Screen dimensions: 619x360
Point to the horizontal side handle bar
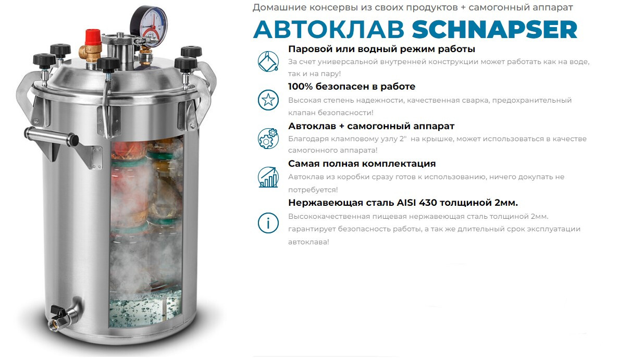[51, 135]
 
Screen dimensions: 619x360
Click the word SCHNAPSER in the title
[494, 30]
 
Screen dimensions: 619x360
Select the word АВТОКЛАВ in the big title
[329, 30]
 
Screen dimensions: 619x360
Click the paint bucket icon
[268, 61]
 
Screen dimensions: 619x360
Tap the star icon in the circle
[268, 100]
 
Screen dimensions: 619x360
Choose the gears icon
[268, 138]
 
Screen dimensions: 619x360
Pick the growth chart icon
[268, 177]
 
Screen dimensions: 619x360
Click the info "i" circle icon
[268, 223]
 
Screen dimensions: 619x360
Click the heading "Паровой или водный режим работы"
[381, 49]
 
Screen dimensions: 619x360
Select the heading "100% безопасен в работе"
[352, 86]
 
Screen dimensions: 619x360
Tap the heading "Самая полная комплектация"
[362, 164]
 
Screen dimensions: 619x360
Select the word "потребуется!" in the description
[313, 190]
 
